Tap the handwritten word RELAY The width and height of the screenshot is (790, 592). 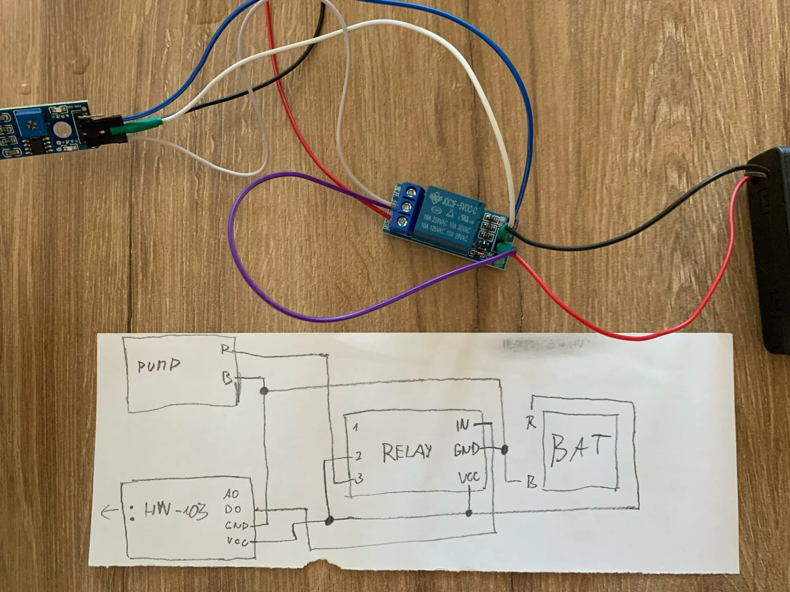[407, 452]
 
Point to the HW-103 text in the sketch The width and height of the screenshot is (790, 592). [176, 511]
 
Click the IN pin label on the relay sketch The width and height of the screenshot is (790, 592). [463, 425]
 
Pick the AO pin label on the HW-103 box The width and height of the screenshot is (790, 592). [231, 494]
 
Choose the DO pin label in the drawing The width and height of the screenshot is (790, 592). [233, 509]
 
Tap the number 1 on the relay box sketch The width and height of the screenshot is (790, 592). [355, 427]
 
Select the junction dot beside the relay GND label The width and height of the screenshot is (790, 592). [504, 449]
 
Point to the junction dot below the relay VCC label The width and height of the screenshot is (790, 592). [469, 513]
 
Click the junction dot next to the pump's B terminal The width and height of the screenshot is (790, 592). [264, 391]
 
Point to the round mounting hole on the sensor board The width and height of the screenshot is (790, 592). [60, 129]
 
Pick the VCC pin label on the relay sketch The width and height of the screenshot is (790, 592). [469, 478]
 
